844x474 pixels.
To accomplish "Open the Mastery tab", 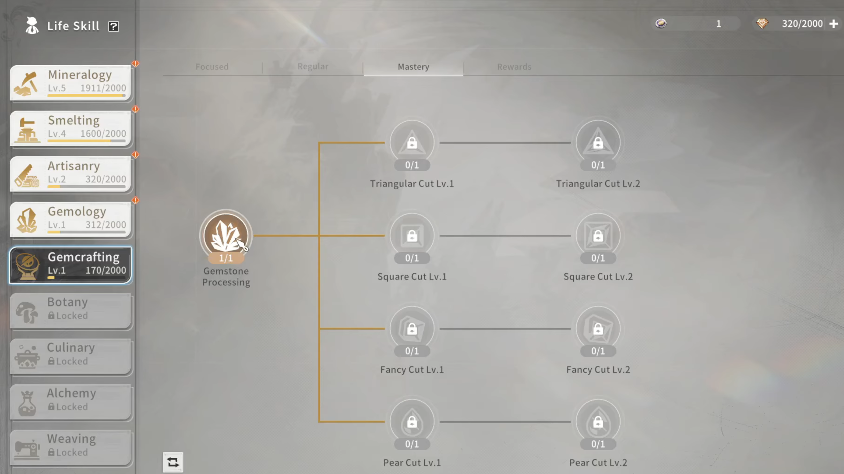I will (413, 67).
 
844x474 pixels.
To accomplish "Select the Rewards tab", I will (514, 67).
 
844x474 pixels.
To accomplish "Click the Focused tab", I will (212, 67).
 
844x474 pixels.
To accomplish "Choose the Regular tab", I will (313, 66).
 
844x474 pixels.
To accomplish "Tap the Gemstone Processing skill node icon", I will (226, 233).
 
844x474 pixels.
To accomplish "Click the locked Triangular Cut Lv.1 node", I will (412, 142).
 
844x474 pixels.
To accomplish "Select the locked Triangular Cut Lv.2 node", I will (598, 142).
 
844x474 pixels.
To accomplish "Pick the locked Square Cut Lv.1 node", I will (412, 235).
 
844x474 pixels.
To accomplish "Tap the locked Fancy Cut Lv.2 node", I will (598, 329).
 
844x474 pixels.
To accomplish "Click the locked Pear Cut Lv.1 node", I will (412, 421).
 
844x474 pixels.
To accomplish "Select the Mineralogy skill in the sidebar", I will (70, 82).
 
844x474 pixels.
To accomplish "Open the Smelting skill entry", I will (70, 128).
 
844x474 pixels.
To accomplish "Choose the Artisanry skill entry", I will (70, 173).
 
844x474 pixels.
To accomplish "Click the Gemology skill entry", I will (70, 219).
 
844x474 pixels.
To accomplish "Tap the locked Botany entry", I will (70, 310).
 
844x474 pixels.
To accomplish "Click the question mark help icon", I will (113, 27).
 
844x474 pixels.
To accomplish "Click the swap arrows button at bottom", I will (173, 462).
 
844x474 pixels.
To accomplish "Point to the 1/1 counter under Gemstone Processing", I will (226, 258).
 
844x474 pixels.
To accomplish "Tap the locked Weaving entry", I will (70, 446).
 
